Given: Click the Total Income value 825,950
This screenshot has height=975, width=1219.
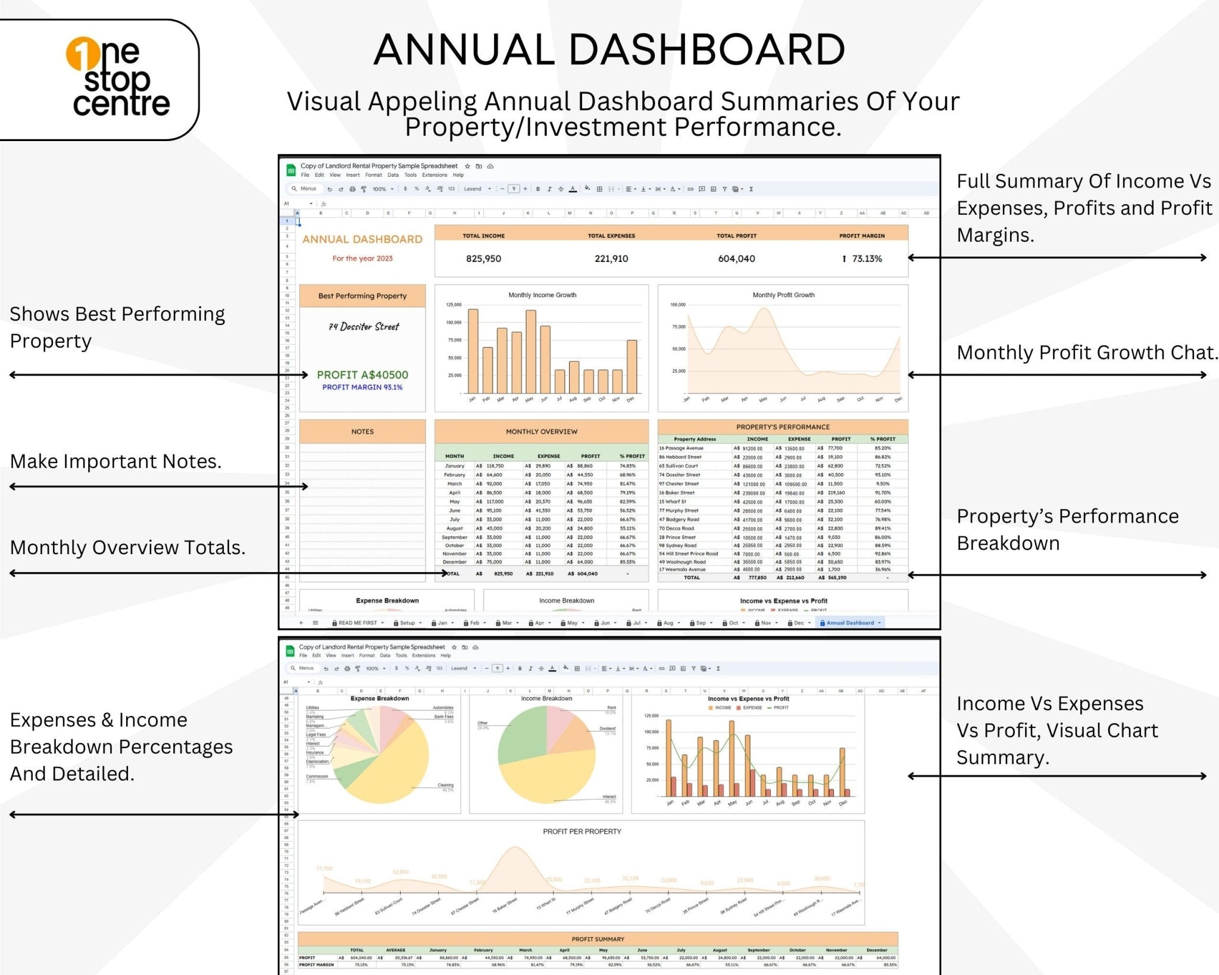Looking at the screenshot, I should tap(483, 259).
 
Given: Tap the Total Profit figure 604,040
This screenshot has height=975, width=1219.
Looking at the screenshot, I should tap(736, 259).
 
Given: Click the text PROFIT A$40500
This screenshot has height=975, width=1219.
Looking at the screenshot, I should tap(362, 375).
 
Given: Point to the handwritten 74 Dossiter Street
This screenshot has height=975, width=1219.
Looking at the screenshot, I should tap(364, 327).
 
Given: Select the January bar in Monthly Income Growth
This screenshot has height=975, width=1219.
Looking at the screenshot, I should tap(473, 351).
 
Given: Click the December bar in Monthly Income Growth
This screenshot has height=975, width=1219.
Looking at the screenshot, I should tap(632, 366).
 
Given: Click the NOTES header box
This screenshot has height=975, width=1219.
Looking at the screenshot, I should tap(362, 432).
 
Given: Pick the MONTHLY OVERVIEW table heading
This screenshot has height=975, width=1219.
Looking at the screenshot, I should tap(541, 432).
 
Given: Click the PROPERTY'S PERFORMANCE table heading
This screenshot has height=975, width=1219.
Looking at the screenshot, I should tap(783, 427).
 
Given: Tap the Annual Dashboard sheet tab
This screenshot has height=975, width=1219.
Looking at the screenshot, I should tap(850, 623).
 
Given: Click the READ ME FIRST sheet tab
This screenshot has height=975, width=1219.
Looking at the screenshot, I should tap(357, 623).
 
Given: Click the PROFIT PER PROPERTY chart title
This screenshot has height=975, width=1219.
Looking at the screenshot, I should tap(582, 832).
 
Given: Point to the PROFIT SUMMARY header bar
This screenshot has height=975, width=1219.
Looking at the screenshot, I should tap(598, 939).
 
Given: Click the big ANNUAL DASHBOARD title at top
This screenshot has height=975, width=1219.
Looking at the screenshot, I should tap(609, 49).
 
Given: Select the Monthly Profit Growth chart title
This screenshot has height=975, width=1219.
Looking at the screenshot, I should tap(783, 295).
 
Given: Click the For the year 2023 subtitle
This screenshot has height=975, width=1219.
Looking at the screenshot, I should tap(362, 258).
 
